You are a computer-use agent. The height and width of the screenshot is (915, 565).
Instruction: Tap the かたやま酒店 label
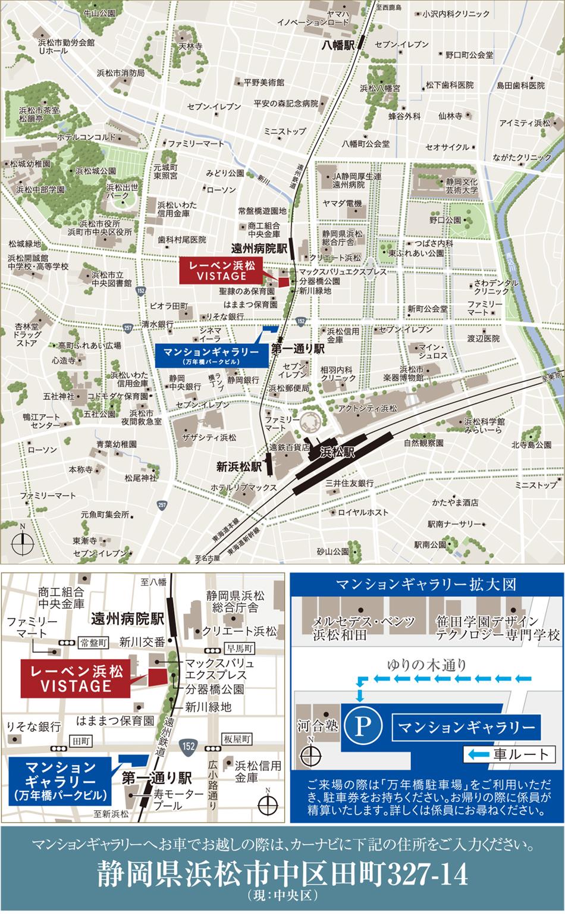456,502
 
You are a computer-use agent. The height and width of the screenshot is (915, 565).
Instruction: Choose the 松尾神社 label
141,477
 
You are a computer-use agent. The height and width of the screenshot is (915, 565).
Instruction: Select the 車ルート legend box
507,755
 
